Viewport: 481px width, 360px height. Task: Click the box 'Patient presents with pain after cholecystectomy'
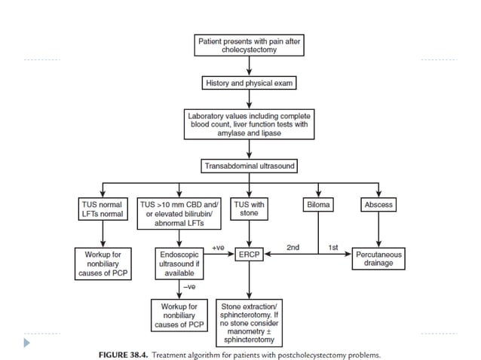(x=249, y=47)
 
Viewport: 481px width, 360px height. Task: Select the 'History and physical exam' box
(x=249, y=84)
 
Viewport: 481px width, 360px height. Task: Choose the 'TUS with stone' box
(x=249, y=209)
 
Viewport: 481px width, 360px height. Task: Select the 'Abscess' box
(x=378, y=204)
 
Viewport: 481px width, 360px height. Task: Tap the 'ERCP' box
(x=249, y=255)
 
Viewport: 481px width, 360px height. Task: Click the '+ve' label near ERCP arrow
(x=219, y=247)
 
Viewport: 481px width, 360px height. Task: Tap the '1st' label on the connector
(x=332, y=247)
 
